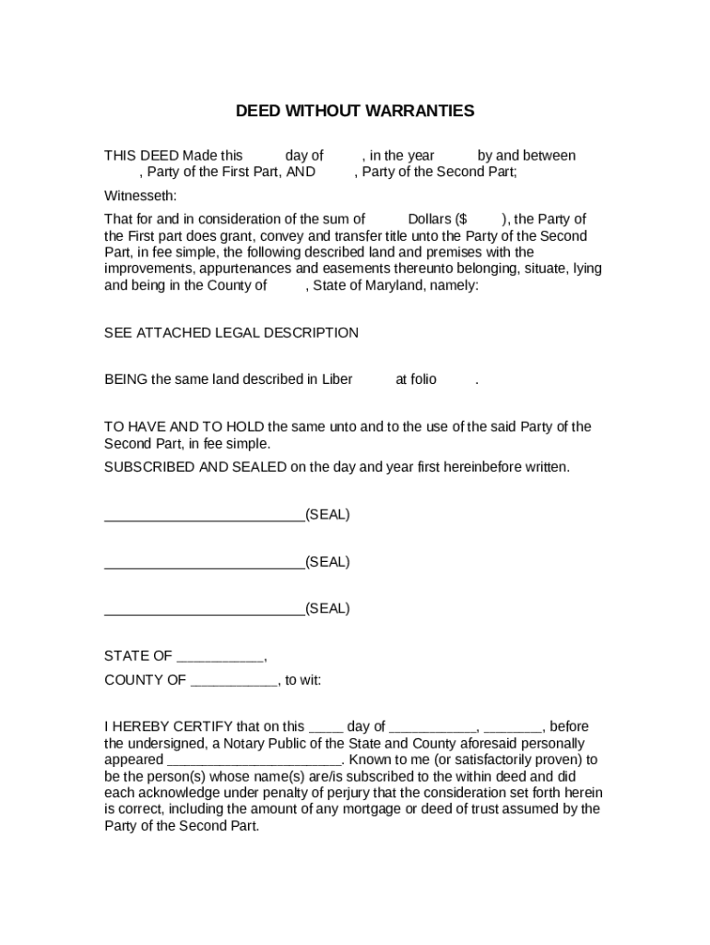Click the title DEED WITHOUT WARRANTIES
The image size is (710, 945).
355,112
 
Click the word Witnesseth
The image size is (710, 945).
140,196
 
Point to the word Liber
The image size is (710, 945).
337,379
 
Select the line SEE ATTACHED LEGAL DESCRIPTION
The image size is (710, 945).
231,332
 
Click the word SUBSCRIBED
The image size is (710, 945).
149,467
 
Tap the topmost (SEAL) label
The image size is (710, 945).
327,514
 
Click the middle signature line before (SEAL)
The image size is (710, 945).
204,562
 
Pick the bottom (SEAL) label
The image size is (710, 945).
327,609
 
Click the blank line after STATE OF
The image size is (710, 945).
219,657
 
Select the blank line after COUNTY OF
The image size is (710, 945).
233,681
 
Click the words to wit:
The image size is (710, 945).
303,681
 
